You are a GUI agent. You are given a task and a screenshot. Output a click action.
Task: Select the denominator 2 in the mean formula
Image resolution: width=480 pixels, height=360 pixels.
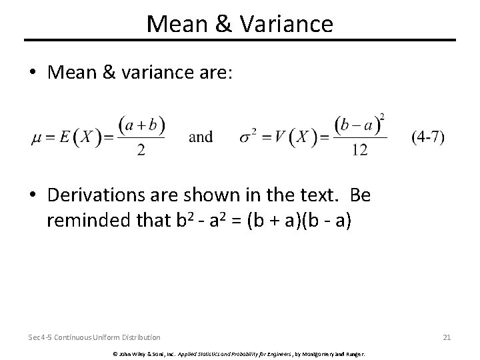coord(141,151)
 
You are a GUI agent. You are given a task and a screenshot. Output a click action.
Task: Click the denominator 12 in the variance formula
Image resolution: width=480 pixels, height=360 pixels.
coord(359,151)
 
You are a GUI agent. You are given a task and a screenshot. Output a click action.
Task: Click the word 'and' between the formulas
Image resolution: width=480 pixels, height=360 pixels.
coord(201,137)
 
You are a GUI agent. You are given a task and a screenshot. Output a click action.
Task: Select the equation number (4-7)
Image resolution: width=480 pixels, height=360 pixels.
coord(428,137)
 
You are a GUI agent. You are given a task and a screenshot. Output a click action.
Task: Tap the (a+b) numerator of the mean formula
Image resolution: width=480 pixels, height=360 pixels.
coord(141,125)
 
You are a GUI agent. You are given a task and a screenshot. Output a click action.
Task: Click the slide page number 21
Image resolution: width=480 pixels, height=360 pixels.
coord(447,337)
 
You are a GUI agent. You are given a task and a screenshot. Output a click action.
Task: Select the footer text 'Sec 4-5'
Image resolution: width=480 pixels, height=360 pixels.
coord(39,337)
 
